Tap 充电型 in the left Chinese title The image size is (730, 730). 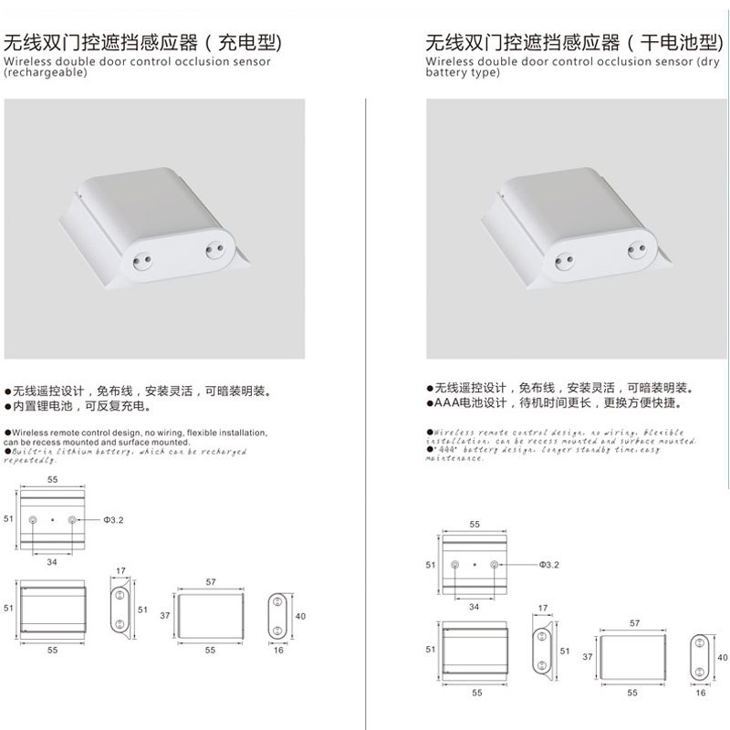[x=245, y=42]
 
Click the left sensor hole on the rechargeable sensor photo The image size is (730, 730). [x=142, y=257]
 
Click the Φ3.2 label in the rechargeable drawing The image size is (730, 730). [x=111, y=519]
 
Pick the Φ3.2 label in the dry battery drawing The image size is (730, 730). [x=547, y=565]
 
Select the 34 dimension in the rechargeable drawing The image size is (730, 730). [x=52, y=562]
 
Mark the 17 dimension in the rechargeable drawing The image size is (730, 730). [x=120, y=572]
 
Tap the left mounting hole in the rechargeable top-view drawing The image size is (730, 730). [x=34, y=519]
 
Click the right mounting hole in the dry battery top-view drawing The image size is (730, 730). [x=495, y=565]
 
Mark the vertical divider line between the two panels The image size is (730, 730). [x=365, y=411]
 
